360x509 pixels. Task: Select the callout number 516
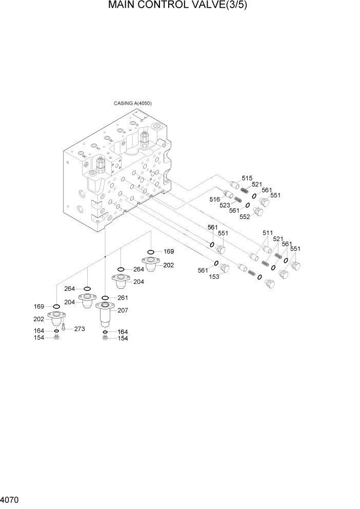(215, 199)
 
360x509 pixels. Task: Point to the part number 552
(244, 217)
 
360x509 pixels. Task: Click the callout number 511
(267, 232)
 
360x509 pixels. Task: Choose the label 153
(214, 277)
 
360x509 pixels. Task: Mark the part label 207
(123, 311)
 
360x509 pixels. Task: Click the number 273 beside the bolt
(79, 329)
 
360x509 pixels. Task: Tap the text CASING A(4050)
(132, 103)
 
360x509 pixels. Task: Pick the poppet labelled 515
(235, 185)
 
